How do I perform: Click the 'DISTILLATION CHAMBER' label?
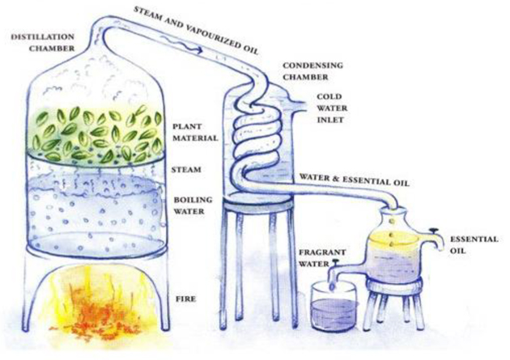(x=43, y=42)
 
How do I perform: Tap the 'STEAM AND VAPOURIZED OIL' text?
(x=196, y=29)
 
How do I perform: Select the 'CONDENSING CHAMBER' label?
(x=312, y=71)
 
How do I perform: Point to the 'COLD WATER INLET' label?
(x=332, y=108)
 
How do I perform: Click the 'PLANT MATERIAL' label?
(x=195, y=132)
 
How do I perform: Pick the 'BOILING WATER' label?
(x=193, y=205)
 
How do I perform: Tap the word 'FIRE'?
(x=185, y=299)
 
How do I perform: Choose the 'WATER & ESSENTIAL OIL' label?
(x=355, y=180)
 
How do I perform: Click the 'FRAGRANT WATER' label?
(x=317, y=257)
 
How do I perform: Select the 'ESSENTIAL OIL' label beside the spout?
(x=474, y=244)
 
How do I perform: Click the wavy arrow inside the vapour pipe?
(x=183, y=45)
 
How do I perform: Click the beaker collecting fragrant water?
(x=334, y=306)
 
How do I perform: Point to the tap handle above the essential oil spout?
(x=433, y=231)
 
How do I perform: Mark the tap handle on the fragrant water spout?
(x=334, y=262)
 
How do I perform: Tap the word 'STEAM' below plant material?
(x=187, y=170)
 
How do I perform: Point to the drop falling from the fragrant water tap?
(x=332, y=286)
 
